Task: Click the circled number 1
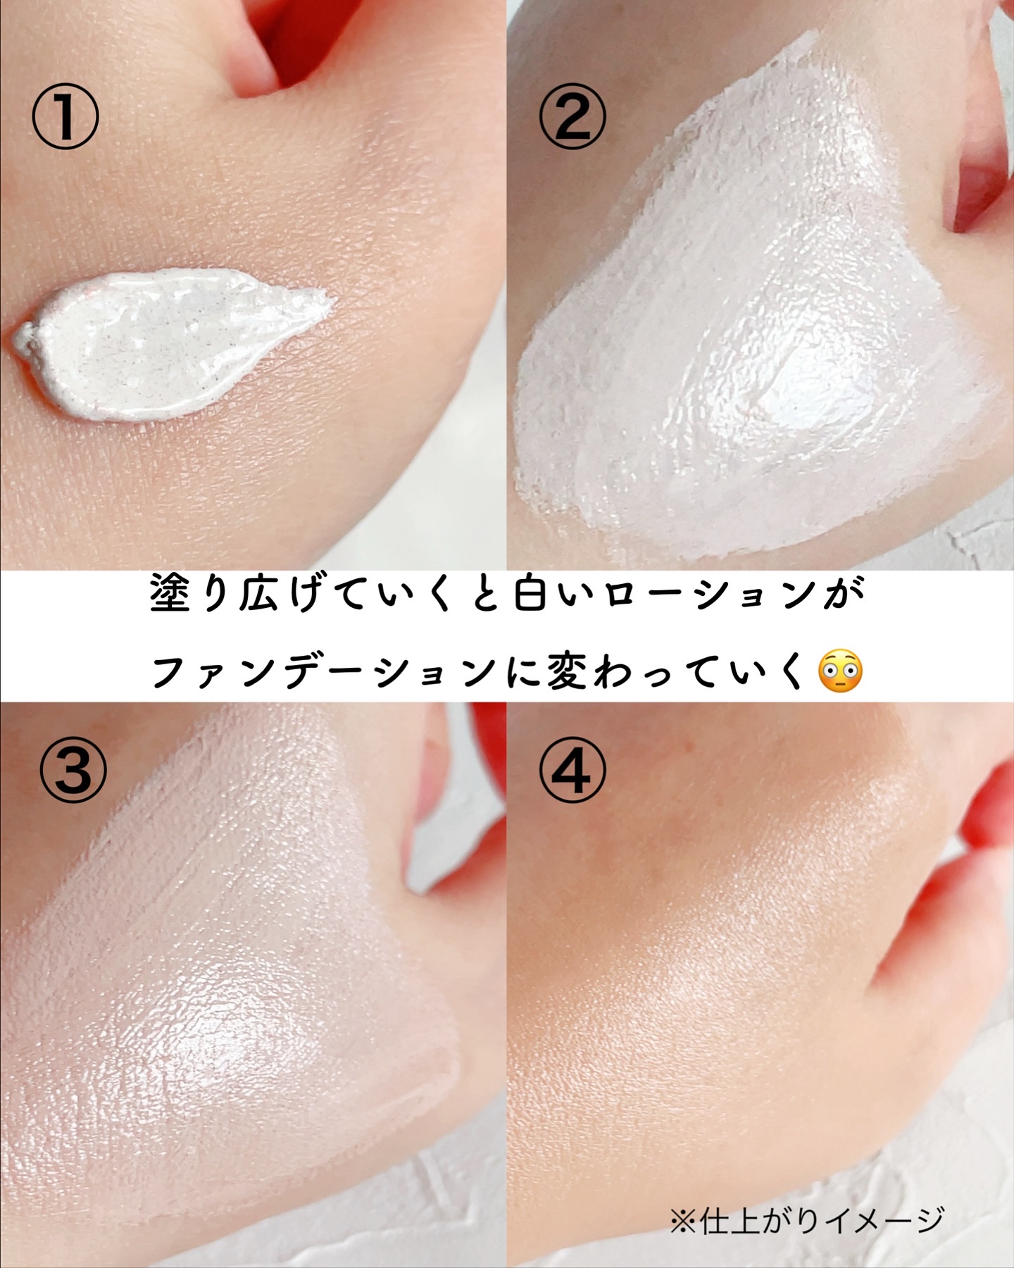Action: click(65, 116)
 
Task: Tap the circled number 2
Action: click(572, 116)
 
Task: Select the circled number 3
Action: click(73, 769)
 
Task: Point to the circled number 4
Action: click(572, 769)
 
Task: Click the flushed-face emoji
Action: click(840, 671)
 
